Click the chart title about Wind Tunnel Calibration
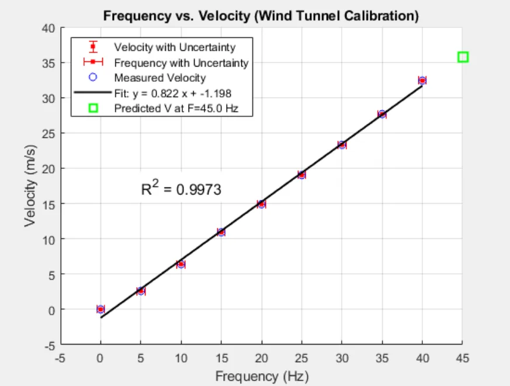[x=261, y=16]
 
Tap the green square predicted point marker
[x=463, y=57]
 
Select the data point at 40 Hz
[x=422, y=81]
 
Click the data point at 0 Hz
[x=100, y=309]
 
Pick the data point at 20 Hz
[x=262, y=204]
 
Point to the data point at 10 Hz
[x=181, y=264]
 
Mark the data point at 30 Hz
[x=342, y=145]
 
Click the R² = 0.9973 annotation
[x=181, y=189]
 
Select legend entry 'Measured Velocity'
[x=159, y=78]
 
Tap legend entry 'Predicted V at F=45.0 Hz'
[x=176, y=108]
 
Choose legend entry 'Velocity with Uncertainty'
[x=174, y=47]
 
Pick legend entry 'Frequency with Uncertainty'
[x=181, y=62]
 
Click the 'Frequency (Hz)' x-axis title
[x=261, y=375]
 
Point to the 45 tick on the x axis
[x=463, y=357]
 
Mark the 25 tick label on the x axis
[x=301, y=357]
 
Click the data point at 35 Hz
[x=382, y=114]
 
